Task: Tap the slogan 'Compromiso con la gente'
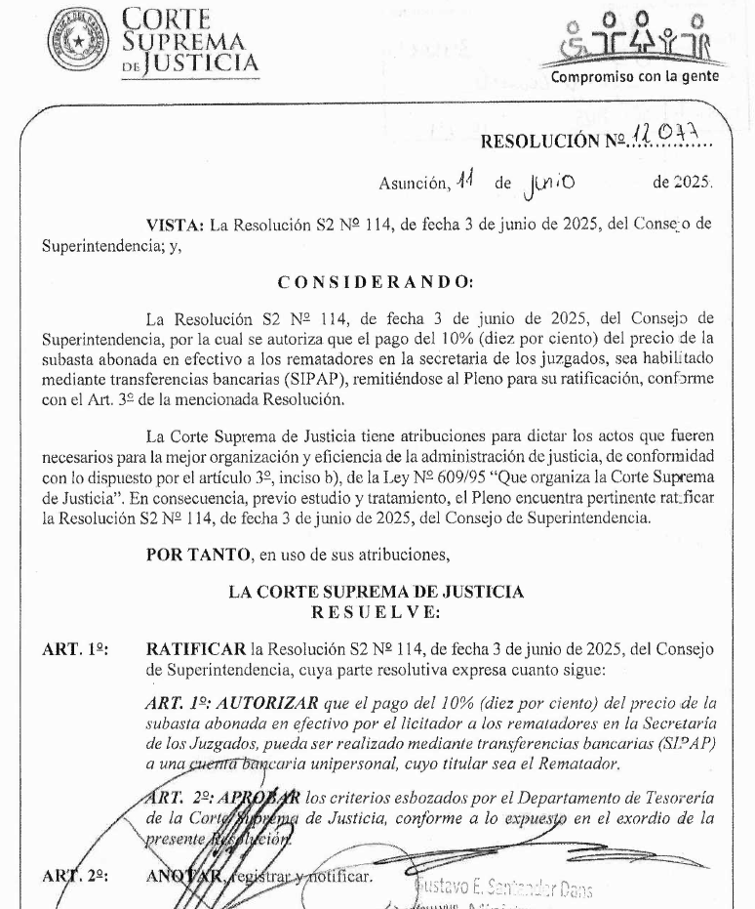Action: [x=635, y=76]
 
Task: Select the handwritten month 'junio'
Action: [x=551, y=182]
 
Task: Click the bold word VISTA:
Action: [x=175, y=225]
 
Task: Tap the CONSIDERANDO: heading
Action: [x=376, y=282]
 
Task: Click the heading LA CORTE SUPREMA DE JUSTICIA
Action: [x=376, y=592]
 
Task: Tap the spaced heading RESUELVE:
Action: [x=376, y=612]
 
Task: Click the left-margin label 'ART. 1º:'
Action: [x=75, y=649]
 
